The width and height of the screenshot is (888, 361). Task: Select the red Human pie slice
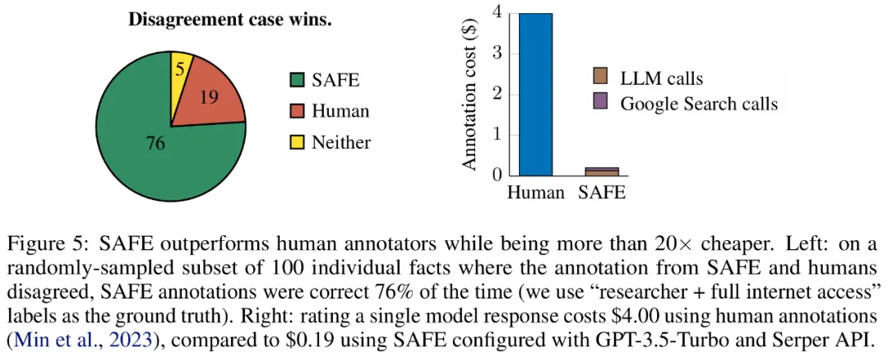pyautogui.click(x=210, y=104)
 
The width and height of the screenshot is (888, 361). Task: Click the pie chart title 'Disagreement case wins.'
pyautogui.click(x=229, y=20)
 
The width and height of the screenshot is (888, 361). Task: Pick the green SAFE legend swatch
pyautogui.click(x=295, y=80)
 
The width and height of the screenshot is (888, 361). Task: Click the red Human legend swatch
pyautogui.click(x=295, y=111)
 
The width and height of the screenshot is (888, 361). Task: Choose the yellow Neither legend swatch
pyautogui.click(x=295, y=142)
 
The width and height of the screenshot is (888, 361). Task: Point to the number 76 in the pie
pyautogui.click(x=155, y=145)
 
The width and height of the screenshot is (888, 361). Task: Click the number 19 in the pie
pyautogui.click(x=208, y=99)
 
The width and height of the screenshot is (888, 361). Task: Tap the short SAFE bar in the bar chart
pyautogui.click(x=601, y=171)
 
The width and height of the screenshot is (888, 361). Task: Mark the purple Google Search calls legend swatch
pyautogui.click(x=600, y=103)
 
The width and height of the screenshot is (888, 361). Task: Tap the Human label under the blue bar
pyautogui.click(x=535, y=194)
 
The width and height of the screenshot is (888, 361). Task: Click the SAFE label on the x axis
pyautogui.click(x=602, y=194)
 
